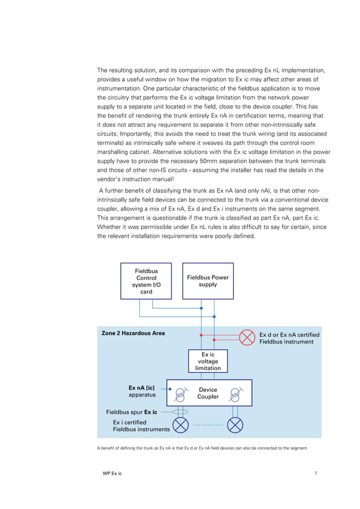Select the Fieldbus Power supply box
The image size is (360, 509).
click(x=208, y=281)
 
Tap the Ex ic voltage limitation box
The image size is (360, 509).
click(x=208, y=361)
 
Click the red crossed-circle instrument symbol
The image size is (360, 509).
click(x=247, y=337)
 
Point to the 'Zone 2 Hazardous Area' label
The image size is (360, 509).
click(x=133, y=334)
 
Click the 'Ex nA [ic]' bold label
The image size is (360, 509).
click(x=142, y=388)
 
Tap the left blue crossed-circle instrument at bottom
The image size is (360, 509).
click(x=180, y=425)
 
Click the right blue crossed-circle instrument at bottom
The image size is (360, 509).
click(x=235, y=425)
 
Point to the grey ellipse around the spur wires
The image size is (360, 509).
click(x=180, y=412)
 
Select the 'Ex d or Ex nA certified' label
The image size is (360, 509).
click(x=289, y=335)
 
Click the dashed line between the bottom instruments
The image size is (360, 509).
click(x=208, y=425)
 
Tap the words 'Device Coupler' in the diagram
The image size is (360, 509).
click(x=208, y=393)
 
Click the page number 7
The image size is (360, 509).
click(x=315, y=473)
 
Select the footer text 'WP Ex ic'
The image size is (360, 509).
click(x=110, y=473)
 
